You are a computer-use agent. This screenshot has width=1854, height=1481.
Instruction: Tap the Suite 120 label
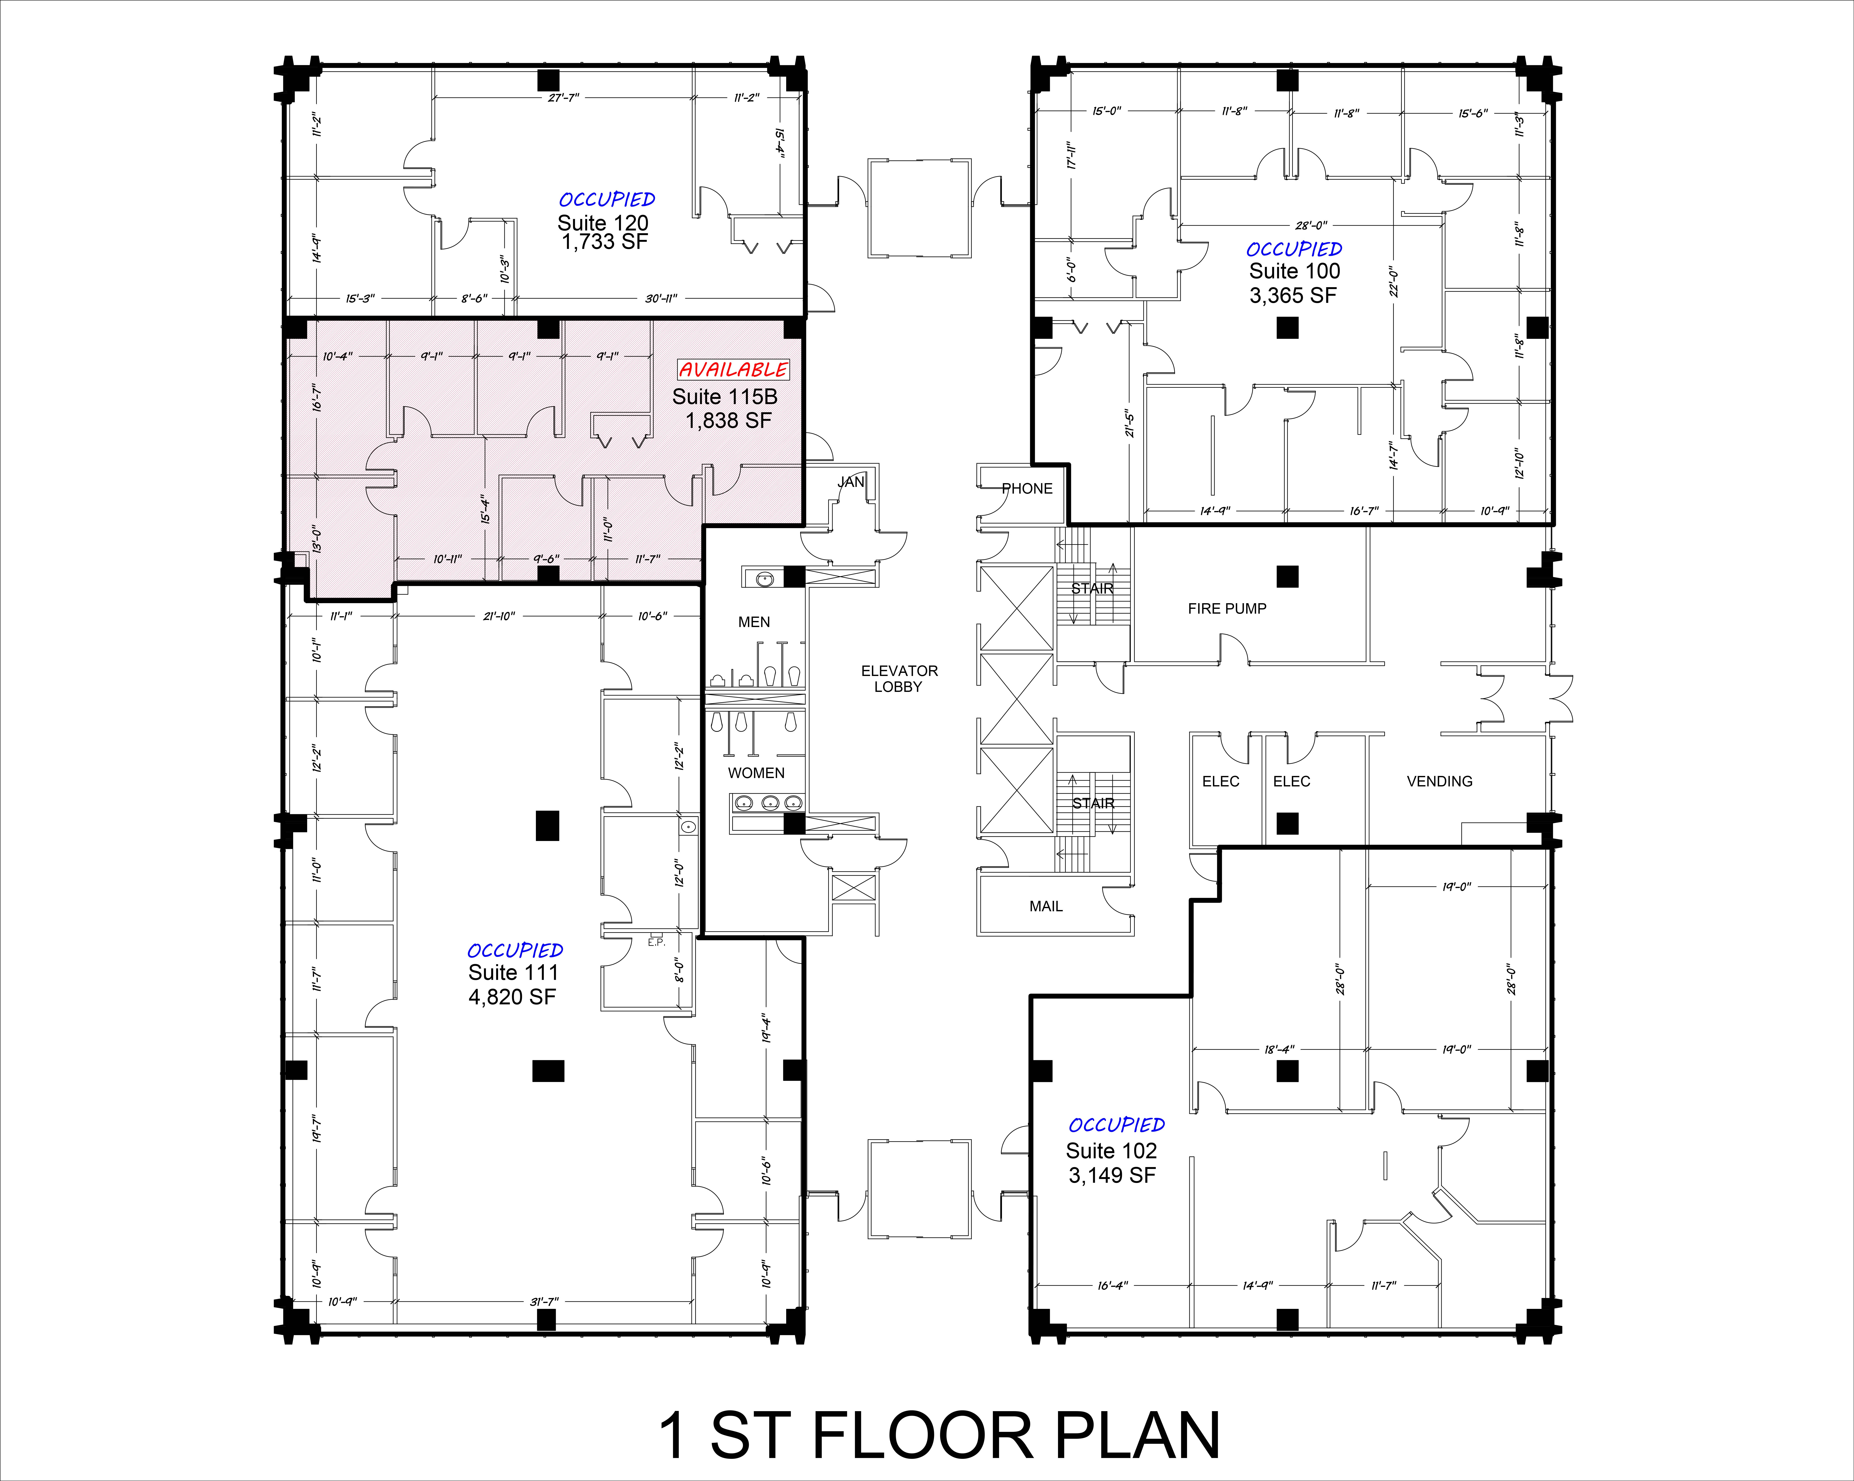click(603, 223)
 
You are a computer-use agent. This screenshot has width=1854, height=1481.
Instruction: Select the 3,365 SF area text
click(1293, 296)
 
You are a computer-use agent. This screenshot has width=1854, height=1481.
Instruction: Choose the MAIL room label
click(1046, 906)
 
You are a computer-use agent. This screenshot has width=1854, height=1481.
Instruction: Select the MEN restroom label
click(754, 622)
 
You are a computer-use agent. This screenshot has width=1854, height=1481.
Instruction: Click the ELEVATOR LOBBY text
click(900, 678)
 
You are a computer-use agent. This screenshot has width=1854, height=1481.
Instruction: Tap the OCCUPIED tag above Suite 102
click(1116, 1125)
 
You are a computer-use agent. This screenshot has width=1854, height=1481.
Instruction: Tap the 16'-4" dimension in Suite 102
click(1113, 1286)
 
